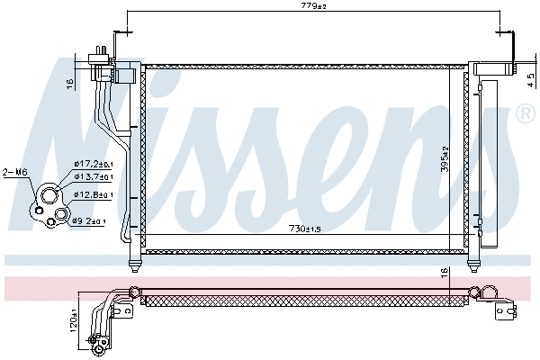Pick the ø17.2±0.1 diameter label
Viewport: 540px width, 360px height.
[93, 165]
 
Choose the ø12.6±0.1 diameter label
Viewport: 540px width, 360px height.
[93, 195]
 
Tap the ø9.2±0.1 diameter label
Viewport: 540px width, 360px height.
[90, 220]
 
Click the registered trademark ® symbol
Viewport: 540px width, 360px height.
[524, 114]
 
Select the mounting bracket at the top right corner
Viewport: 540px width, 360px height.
[511, 49]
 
